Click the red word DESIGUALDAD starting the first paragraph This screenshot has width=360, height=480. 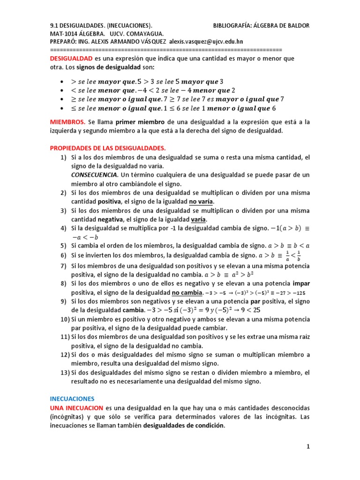tap(71, 59)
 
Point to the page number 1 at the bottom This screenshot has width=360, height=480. tap(308, 447)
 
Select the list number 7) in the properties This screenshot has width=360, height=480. tap(63, 265)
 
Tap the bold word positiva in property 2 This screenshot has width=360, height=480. tap(109, 202)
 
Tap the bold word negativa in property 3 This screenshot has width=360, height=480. tap(110, 219)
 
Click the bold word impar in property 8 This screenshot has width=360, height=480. tap(301, 284)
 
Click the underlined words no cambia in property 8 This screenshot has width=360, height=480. tap(187, 292)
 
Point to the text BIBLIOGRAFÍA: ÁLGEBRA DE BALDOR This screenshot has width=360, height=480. tap(261, 25)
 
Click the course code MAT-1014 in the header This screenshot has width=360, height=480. tap(64, 34)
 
